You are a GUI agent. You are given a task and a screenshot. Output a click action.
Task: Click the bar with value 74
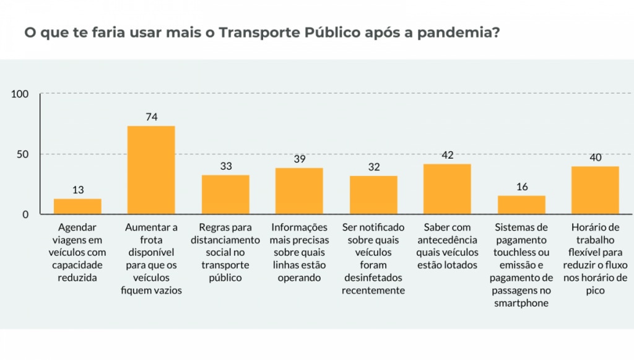click(x=151, y=170)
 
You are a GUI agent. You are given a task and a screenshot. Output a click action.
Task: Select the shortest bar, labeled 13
click(x=77, y=206)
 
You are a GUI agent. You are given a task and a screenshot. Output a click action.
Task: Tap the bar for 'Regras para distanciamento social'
click(x=225, y=195)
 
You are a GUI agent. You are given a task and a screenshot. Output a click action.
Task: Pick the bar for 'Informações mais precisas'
click(x=299, y=191)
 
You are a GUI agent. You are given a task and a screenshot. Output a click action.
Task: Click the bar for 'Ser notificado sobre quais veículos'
click(x=373, y=195)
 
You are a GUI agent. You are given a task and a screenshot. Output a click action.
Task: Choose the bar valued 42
click(x=447, y=189)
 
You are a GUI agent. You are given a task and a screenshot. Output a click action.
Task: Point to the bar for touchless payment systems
click(x=521, y=204)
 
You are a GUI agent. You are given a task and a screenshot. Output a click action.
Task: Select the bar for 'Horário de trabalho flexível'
click(x=595, y=190)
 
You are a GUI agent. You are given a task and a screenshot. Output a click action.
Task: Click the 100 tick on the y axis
click(x=20, y=94)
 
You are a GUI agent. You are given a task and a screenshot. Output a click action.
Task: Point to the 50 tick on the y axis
click(x=23, y=154)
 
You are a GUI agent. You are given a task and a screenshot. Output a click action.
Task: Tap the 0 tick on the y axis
click(x=25, y=214)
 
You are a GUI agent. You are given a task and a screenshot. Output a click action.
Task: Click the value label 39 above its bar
click(x=299, y=159)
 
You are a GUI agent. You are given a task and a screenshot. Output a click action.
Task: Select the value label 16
click(x=521, y=187)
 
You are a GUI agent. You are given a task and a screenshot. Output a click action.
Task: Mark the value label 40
click(x=595, y=157)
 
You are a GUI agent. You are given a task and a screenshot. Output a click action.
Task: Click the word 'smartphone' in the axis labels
click(x=521, y=303)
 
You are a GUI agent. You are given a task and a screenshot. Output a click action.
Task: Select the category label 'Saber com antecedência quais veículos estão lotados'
click(x=447, y=247)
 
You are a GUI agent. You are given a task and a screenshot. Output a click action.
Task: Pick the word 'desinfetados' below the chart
click(x=373, y=278)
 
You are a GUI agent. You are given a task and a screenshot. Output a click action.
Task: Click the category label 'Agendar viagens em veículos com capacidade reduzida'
click(x=77, y=253)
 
